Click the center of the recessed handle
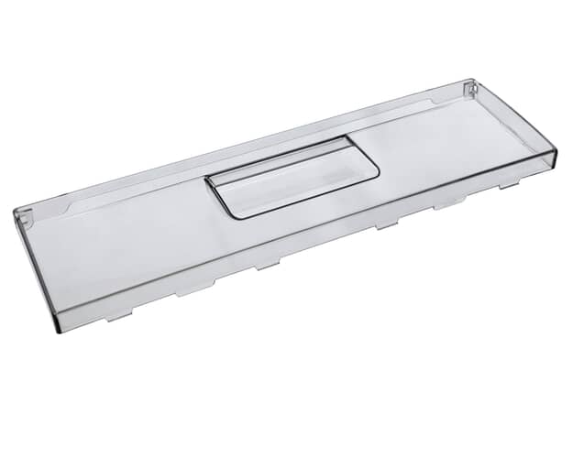tap(292, 177)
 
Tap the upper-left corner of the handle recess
tap(210, 177)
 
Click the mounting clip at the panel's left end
tap(24, 218)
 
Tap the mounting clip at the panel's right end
tap(470, 89)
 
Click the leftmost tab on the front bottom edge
tap(119, 316)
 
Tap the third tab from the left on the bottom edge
tap(267, 265)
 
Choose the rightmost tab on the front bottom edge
tap(509, 184)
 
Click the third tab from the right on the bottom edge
tap(386, 224)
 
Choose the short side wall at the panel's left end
tap(35, 266)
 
